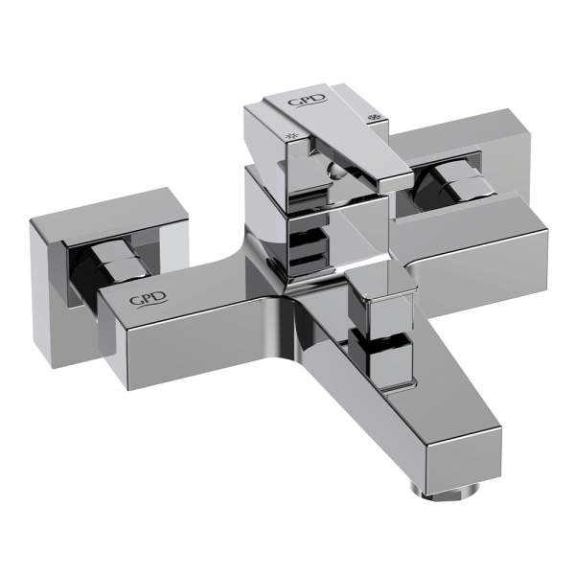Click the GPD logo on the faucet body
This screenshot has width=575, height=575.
149,300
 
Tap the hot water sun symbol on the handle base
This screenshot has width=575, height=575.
292,136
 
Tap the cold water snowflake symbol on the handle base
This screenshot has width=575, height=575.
375,118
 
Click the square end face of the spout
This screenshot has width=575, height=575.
465,459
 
